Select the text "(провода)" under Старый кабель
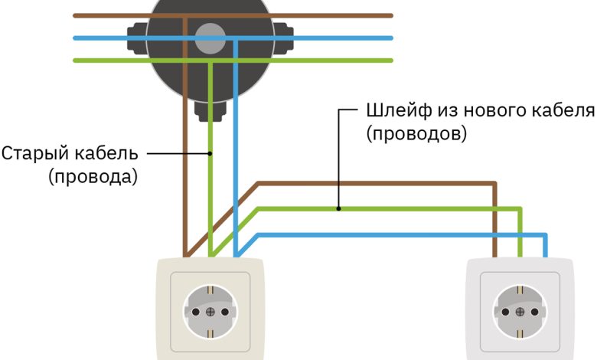coord(93,177)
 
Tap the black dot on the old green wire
coord(210,153)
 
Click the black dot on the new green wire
coord(338,208)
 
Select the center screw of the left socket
coord(210,312)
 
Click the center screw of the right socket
coord(520,312)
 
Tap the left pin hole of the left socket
coord(195,312)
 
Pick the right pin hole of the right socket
coord(535,312)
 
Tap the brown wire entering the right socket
coord(495,230)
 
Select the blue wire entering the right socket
coord(545,245)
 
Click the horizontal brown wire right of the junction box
coord(344,15)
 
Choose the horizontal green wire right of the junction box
coord(344,60)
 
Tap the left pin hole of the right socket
coord(506,312)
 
